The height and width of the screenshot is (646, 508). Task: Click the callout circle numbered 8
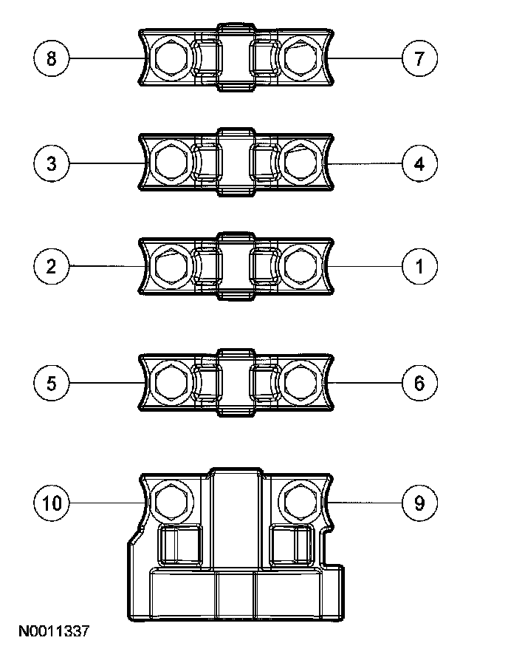pos(51,58)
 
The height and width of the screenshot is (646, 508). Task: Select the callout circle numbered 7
pos(419,58)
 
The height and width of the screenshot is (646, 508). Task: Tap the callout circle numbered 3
pos(51,163)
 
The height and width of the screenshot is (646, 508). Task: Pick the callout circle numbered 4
pos(419,163)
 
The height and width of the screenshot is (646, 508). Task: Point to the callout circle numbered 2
pos(51,265)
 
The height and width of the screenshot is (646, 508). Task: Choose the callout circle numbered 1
pos(419,265)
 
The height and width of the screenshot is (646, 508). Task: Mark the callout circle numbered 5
pos(51,383)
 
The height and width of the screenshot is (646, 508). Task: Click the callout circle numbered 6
pos(419,383)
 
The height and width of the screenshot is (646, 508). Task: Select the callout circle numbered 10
pos(51,503)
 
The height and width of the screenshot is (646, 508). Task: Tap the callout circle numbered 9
pos(419,503)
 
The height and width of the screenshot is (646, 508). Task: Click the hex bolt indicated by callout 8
pos(171,58)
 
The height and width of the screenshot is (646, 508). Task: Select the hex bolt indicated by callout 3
pos(171,163)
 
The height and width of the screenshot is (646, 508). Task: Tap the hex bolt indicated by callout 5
pos(171,383)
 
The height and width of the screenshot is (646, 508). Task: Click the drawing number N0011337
pos(54,631)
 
